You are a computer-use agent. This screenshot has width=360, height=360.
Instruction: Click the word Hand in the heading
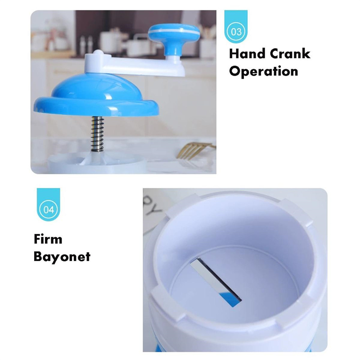(247, 54)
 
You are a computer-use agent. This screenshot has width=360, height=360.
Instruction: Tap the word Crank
(290, 54)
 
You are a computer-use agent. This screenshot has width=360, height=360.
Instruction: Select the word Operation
(264, 71)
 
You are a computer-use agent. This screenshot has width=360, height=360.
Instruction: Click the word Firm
(48, 239)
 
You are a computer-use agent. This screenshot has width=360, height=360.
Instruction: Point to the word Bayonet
(62, 256)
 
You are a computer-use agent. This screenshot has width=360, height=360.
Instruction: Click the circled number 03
(236, 31)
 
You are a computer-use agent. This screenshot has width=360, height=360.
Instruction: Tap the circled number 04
(49, 209)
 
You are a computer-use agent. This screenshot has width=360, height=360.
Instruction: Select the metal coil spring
(98, 134)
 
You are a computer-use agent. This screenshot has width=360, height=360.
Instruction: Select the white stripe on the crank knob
(174, 30)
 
